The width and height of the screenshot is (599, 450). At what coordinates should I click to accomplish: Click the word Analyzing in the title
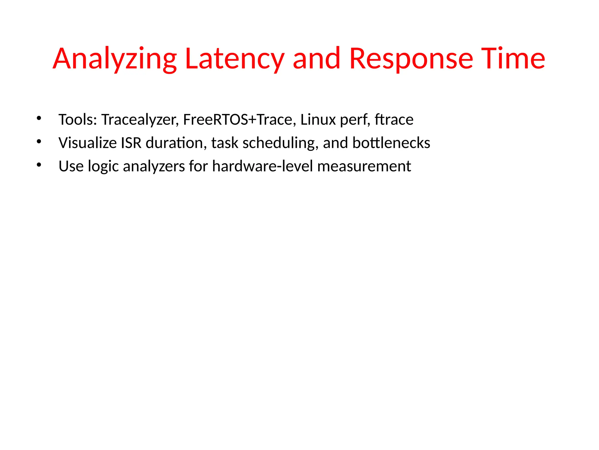115,59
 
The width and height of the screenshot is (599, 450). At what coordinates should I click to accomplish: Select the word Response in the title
411,59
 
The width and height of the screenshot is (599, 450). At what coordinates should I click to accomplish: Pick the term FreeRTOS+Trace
237,120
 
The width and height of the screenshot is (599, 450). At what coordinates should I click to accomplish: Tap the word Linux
318,120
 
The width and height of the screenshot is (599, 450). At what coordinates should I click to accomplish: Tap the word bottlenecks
391,143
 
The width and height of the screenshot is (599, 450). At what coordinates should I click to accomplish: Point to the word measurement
364,166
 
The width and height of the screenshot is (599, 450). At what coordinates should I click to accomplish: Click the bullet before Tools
39,119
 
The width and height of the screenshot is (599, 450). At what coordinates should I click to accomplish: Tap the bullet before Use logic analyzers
39,165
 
